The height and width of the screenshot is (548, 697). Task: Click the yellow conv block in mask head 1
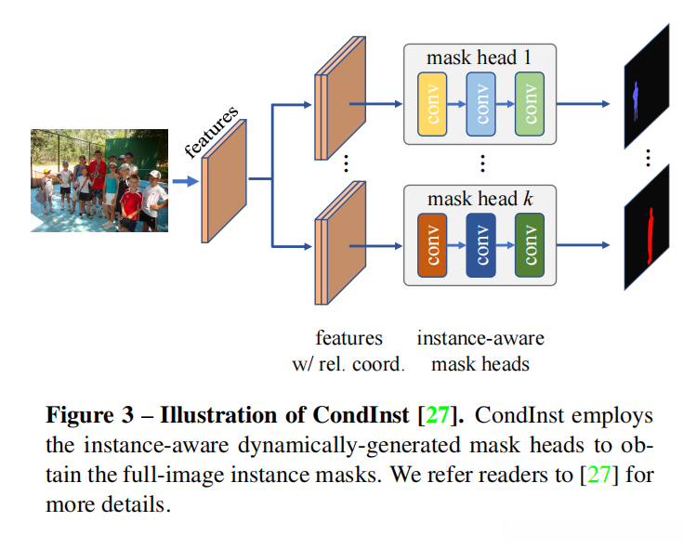pyautogui.click(x=432, y=104)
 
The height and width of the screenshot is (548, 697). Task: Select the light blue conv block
pyautogui.click(x=480, y=104)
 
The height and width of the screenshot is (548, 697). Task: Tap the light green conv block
pyautogui.click(x=530, y=104)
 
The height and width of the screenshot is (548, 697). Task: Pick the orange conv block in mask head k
pyautogui.click(x=432, y=245)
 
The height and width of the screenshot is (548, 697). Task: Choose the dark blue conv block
pyautogui.click(x=480, y=245)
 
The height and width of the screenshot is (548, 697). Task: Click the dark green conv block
pyautogui.click(x=530, y=245)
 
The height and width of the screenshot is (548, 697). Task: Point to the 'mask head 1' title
pyautogui.click(x=480, y=58)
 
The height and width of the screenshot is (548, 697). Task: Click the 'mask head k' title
pyautogui.click(x=480, y=199)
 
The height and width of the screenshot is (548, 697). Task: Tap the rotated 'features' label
pyautogui.click(x=211, y=132)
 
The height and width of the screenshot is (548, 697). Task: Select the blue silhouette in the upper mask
pyautogui.click(x=636, y=100)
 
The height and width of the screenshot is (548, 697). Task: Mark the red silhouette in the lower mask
pyautogui.click(x=651, y=236)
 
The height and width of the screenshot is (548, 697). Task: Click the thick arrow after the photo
pyautogui.click(x=185, y=181)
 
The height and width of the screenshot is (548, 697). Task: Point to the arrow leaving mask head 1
pyautogui.click(x=583, y=104)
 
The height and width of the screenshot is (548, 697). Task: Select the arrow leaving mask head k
pyautogui.click(x=583, y=245)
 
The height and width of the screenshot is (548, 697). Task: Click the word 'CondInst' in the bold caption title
pyautogui.click(x=361, y=415)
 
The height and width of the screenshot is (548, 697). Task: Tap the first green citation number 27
pyautogui.click(x=438, y=415)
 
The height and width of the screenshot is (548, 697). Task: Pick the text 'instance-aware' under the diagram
pyautogui.click(x=480, y=338)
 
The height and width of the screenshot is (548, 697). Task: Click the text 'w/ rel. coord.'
pyautogui.click(x=348, y=364)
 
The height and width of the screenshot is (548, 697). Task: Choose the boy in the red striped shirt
pyautogui.click(x=131, y=203)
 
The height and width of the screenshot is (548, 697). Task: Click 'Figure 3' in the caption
pyautogui.click(x=90, y=415)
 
